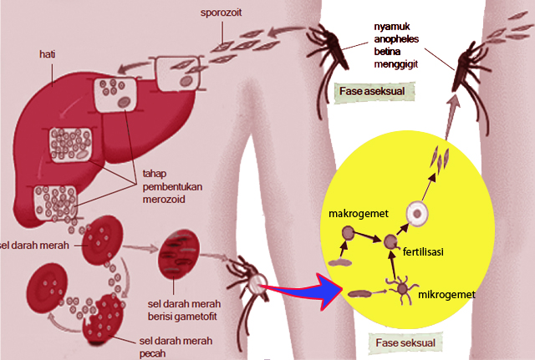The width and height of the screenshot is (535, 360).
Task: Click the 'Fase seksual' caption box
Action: (405, 342)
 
